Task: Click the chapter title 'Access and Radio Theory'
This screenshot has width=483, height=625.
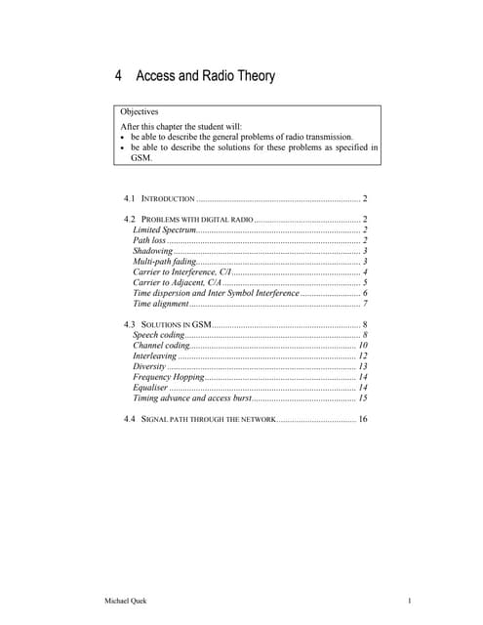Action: pos(206,76)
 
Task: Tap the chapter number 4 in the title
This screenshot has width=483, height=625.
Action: pos(118,76)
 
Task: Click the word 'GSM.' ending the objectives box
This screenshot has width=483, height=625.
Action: pos(142,157)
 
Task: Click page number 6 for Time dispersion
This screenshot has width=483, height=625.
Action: pos(364,294)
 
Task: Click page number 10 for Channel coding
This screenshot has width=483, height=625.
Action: pos(362,346)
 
